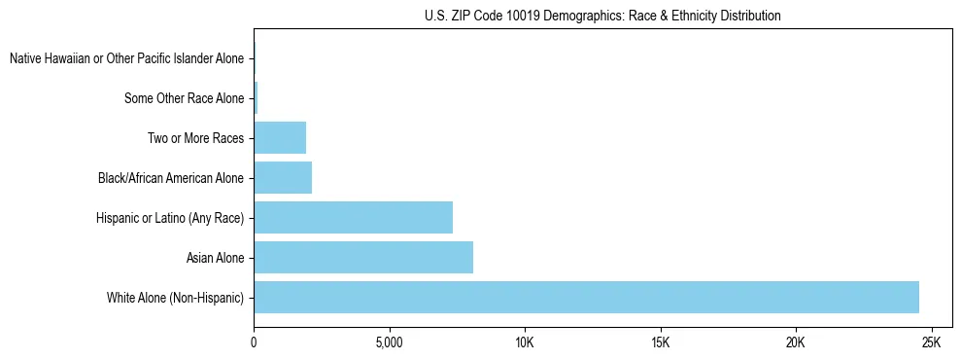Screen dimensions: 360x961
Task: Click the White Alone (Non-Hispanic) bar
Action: pos(586,298)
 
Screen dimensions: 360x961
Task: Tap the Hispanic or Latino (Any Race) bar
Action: pos(353,218)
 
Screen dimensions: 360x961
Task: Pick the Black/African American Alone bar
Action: pos(283,178)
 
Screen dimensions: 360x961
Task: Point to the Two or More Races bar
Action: pos(280,138)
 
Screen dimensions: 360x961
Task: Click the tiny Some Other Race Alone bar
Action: pos(256,98)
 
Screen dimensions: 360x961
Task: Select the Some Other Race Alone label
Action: pos(185,98)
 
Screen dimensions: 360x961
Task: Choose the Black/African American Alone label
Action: pos(172,178)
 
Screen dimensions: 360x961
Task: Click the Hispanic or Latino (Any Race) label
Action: pos(170,218)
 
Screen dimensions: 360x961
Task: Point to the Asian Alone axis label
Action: pos(216,258)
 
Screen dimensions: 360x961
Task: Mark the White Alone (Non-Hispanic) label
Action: pos(176,298)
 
